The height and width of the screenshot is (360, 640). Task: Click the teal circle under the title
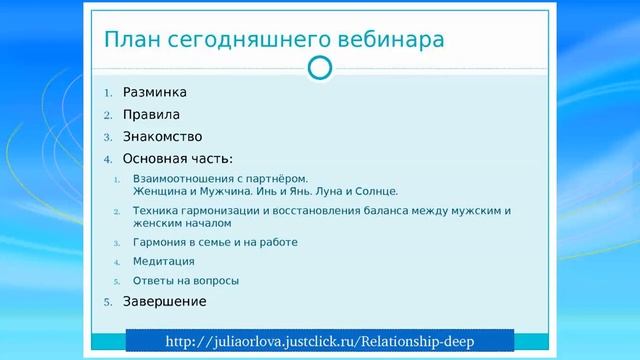click(x=319, y=68)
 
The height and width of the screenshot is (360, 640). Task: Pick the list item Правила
click(x=151, y=114)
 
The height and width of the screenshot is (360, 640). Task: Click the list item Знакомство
click(x=163, y=136)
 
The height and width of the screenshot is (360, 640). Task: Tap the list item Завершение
click(x=165, y=300)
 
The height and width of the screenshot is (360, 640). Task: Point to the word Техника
click(x=153, y=211)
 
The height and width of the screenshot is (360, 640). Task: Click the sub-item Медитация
click(x=163, y=261)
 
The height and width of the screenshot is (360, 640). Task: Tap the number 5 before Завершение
click(x=109, y=301)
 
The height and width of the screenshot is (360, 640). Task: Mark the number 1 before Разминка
click(x=109, y=93)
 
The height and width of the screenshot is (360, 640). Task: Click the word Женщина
click(x=159, y=190)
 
